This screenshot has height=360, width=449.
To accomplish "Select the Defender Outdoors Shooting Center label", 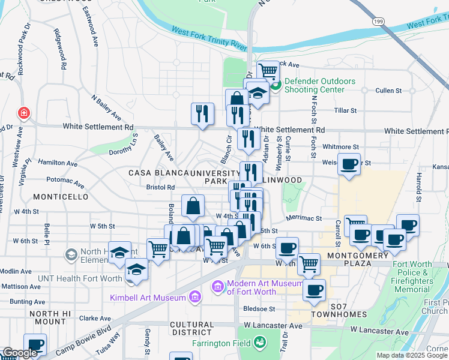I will point(319,85).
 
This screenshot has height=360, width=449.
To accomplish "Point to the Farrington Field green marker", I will point(260,343).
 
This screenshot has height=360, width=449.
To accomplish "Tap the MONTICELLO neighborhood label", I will point(61,197).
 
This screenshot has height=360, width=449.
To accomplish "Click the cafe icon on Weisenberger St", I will point(349,163).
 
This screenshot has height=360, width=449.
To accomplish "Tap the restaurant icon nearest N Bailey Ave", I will point(202,113).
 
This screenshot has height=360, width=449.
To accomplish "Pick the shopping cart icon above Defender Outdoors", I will point(268,71).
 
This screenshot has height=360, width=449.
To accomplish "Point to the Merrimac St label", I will point(304,219).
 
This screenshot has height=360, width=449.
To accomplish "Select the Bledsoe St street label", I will point(259,309).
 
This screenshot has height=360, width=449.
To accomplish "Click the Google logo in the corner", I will point(20,353).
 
